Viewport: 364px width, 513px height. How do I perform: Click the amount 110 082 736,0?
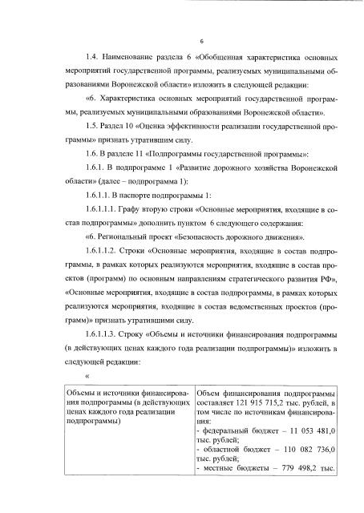click(x=308, y=450)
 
